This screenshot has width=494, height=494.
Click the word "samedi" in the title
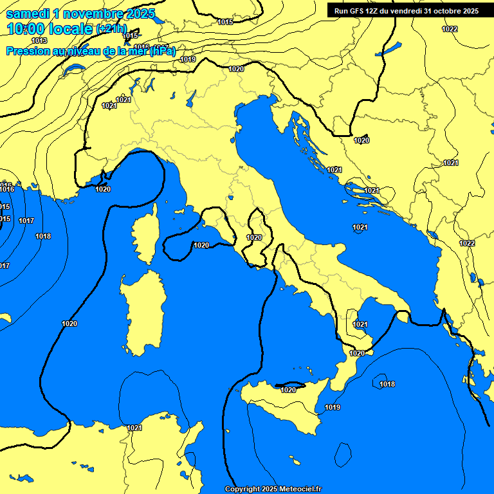click(x=30, y=14)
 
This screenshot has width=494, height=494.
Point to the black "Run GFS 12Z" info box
click(x=406, y=10)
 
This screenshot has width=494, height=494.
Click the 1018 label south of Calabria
click(x=387, y=384)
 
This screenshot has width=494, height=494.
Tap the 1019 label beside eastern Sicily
click(x=333, y=407)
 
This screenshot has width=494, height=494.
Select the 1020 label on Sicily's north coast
click(x=288, y=389)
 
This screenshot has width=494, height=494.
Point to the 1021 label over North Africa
click(x=134, y=428)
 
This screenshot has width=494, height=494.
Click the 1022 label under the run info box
click(x=450, y=29)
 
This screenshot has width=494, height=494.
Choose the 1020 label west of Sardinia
click(x=69, y=324)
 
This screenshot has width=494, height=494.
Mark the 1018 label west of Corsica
click(x=43, y=236)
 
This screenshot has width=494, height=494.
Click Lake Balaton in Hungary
click(x=392, y=49)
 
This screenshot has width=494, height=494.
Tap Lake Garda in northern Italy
click(x=191, y=98)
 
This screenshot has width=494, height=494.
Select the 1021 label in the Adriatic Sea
click(x=360, y=227)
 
